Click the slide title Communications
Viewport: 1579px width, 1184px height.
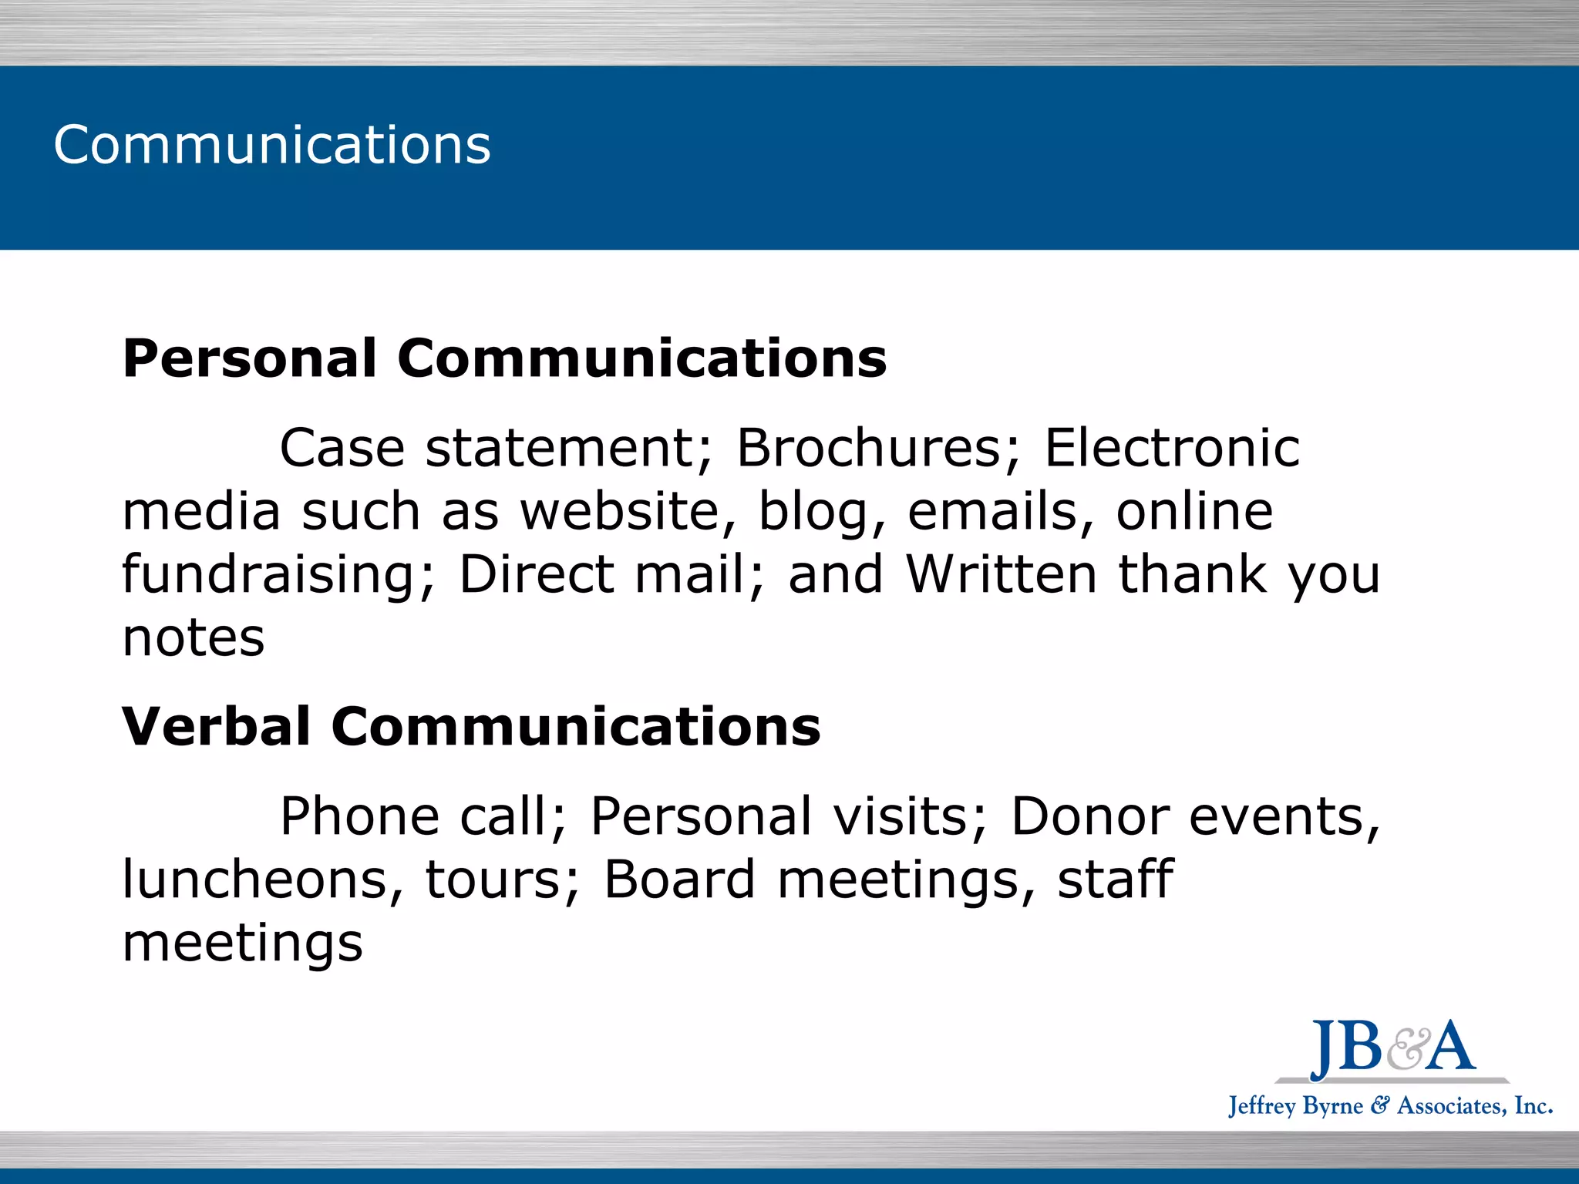pyautogui.click(x=271, y=145)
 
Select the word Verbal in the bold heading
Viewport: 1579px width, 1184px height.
pyautogui.click(x=216, y=727)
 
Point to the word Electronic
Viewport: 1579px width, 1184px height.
pyautogui.click(x=1172, y=448)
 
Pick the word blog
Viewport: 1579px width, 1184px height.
pyautogui.click(x=821, y=513)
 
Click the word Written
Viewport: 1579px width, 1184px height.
pyautogui.click(x=1002, y=574)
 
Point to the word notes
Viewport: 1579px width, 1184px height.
pyautogui.click(x=194, y=638)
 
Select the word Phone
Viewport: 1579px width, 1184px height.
pyautogui.click(x=359, y=816)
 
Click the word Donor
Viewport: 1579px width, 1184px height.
pyautogui.click(x=1090, y=816)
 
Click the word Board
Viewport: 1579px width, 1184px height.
pyautogui.click(x=679, y=880)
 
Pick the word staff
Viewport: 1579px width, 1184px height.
pyautogui.click(x=1115, y=880)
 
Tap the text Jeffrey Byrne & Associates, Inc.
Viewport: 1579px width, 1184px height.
pyautogui.click(x=1390, y=1106)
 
